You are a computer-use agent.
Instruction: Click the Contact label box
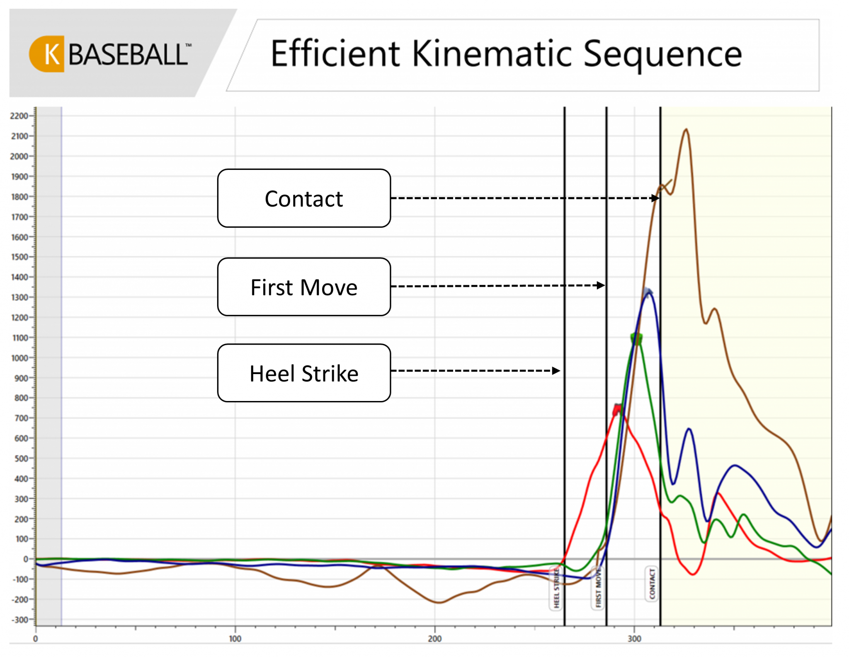point(303,198)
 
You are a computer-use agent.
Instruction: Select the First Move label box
point(303,287)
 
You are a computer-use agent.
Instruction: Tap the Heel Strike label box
point(303,373)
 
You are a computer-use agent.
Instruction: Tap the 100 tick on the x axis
point(235,638)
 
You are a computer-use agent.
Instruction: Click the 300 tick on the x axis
point(634,638)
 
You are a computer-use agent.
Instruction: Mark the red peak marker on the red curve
point(618,410)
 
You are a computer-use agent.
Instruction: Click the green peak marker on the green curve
point(636,339)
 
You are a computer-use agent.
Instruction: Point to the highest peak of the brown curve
point(686,130)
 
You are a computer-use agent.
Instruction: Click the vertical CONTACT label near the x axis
point(651,584)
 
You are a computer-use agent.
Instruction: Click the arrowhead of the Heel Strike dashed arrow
point(556,371)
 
